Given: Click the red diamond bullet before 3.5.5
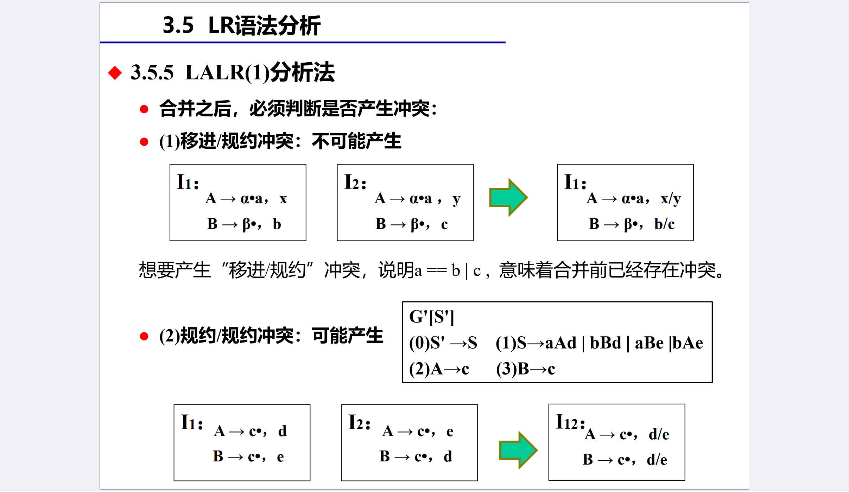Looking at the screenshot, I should click(x=115, y=73).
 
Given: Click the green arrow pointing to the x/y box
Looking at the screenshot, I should click(x=508, y=197).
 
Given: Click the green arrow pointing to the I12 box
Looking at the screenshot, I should click(x=518, y=450).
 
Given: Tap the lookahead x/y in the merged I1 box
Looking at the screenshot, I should click(x=671, y=199).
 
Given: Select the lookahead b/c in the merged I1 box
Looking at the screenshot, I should click(x=664, y=224).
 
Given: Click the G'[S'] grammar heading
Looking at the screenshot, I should click(x=432, y=317).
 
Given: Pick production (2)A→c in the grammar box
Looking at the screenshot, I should click(x=439, y=369).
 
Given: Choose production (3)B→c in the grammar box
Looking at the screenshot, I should click(x=525, y=369).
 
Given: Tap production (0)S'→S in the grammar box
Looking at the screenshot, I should click(x=443, y=343).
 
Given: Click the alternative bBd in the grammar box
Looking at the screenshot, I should click(x=606, y=343).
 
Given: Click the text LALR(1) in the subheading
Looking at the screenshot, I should click(x=227, y=73).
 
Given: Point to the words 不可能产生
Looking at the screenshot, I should click(x=356, y=141).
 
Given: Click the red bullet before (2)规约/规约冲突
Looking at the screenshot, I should click(x=144, y=337).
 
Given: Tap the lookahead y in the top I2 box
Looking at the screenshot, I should click(x=456, y=199).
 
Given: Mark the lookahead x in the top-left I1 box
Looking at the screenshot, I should click(x=283, y=199).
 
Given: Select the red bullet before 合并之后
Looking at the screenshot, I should click(x=144, y=109).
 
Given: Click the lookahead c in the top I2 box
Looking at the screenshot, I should click(x=444, y=224).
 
